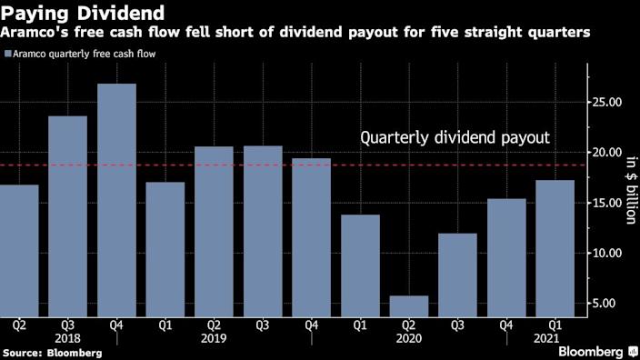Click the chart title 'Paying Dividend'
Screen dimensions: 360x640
[x=83, y=13]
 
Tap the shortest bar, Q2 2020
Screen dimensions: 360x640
[x=409, y=305]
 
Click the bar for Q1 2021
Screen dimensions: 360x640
[x=555, y=246]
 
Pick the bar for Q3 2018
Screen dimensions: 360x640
[x=67, y=215]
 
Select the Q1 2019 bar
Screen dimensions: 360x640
[x=165, y=247]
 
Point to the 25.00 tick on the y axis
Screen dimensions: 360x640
[x=609, y=103]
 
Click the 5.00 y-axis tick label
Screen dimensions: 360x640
[x=609, y=304]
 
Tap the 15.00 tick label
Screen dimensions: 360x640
[x=609, y=204]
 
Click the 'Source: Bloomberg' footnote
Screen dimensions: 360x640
[x=52, y=351]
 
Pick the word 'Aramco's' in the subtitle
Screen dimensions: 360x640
[x=35, y=33]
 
